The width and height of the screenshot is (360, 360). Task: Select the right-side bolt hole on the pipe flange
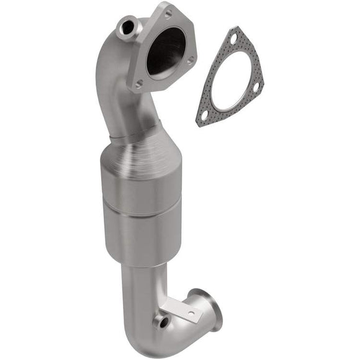191,60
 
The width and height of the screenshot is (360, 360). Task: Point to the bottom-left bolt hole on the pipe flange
140,82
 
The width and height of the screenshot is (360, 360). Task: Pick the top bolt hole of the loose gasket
233,38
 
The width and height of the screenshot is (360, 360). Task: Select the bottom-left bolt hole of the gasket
203,114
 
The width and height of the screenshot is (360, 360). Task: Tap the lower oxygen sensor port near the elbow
163,322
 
